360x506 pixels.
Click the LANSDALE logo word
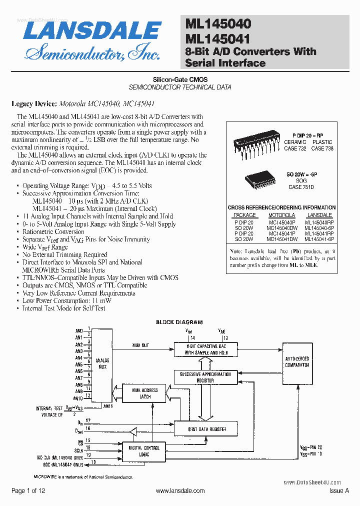[92, 31]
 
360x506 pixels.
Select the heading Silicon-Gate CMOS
[180, 79]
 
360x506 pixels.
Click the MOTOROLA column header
[281, 215]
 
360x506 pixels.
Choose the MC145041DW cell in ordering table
[282, 239]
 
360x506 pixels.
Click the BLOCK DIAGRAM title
[179, 322]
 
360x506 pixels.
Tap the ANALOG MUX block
[102, 363]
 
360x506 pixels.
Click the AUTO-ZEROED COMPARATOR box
[297, 362]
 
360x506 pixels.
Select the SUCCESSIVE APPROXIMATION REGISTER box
[205, 377]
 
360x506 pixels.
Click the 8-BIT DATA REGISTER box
[207, 429]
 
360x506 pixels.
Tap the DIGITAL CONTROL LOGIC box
[144, 451]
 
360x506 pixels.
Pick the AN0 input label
[78, 331]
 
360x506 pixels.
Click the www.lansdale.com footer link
[180, 491]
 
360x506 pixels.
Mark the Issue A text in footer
[339, 491]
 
